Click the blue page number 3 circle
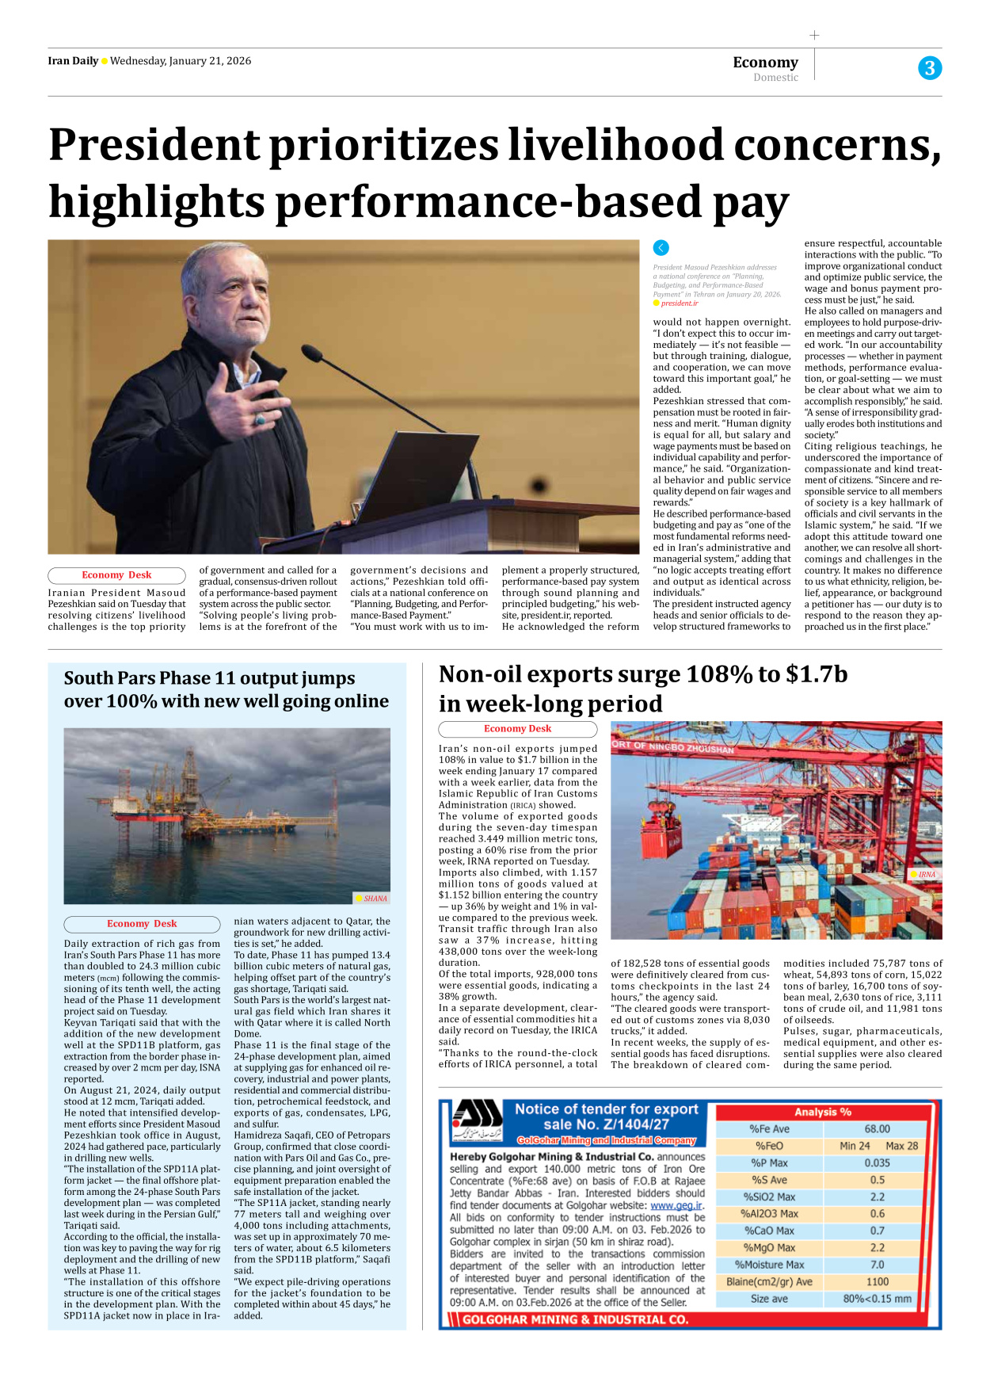coord(930,68)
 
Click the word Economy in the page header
coord(765,62)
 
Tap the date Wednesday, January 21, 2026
coord(181,61)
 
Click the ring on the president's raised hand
coord(260,418)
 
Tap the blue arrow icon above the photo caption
coord(661,248)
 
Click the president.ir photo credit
coord(679,303)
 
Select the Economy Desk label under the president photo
coord(116,575)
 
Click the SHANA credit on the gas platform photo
coord(375,899)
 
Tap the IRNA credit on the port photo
coord(927,875)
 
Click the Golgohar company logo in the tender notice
coord(477,1122)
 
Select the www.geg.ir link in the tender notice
coord(676,1206)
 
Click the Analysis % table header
coord(823,1113)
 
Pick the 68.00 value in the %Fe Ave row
coord(877,1129)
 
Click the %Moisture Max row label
coord(769,1265)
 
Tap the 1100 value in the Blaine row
coord(877,1281)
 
